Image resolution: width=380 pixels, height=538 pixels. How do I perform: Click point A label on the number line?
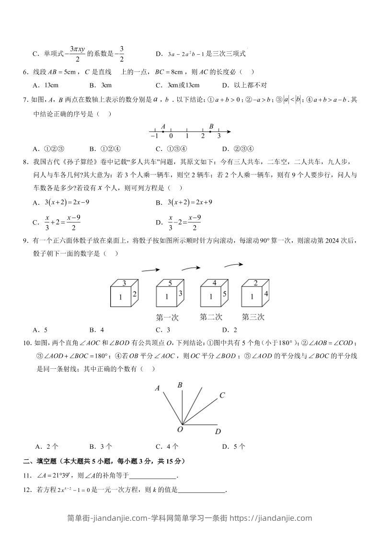click(x=163, y=127)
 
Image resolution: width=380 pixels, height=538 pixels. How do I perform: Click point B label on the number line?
click(x=211, y=127)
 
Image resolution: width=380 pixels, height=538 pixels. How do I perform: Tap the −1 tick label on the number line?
click(x=154, y=136)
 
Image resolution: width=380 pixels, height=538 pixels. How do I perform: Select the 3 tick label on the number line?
click(x=219, y=136)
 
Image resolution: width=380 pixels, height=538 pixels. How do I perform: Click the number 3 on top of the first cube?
click(x=124, y=283)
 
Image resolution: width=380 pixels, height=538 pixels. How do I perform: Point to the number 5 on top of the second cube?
click(x=170, y=283)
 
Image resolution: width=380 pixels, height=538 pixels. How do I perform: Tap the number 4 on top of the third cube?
click(x=214, y=283)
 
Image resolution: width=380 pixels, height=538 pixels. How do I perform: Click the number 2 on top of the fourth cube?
click(x=256, y=283)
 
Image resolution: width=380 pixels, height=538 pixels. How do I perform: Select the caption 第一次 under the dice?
click(x=167, y=317)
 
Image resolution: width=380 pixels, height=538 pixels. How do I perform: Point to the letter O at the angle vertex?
click(x=180, y=430)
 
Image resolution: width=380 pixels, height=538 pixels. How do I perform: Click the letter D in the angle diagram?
click(x=218, y=432)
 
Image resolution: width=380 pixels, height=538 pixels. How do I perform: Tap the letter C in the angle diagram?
click(x=222, y=396)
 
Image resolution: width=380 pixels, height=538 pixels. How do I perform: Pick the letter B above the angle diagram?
click(x=180, y=385)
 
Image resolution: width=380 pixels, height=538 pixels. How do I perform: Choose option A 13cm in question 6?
click(x=46, y=85)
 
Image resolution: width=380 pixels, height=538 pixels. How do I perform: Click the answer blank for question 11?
click(x=153, y=476)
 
